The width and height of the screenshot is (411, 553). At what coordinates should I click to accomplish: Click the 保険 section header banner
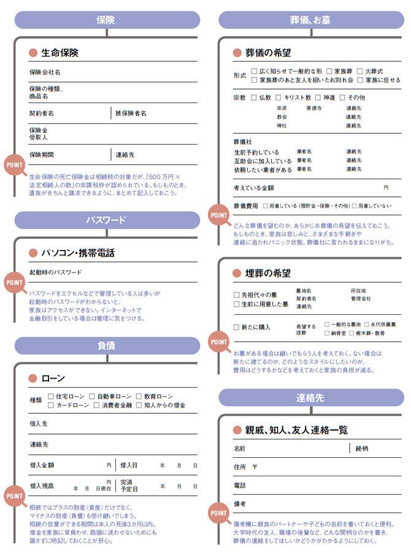[x=107, y=20]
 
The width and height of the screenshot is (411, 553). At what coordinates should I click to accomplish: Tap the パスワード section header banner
[x=107, y=220]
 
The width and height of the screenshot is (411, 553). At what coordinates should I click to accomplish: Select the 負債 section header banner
[x=107, y=346]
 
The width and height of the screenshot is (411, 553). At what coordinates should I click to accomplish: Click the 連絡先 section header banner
[x=311, y=398]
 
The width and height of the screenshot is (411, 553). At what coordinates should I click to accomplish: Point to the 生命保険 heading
[x=60, y=53]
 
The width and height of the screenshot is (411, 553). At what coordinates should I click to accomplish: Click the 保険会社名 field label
[x=45, y=72]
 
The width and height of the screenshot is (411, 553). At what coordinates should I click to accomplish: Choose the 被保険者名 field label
[x=131, y=114]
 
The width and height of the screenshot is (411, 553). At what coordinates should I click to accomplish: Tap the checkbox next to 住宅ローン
[x=51, y=396]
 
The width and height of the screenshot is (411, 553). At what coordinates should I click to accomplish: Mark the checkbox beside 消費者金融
[x=96, y=405]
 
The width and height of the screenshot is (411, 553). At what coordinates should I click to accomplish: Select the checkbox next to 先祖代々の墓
[x=237, y=295]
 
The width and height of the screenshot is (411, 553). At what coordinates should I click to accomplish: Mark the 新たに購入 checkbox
[x=237, y=327]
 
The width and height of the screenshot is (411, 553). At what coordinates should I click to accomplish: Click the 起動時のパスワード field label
[x=55, y=272]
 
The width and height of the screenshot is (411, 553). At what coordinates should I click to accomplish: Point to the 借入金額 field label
[x=42, y=465]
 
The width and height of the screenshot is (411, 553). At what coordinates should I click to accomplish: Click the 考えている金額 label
[x=253, y=187]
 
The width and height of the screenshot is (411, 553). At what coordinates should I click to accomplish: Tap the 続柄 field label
[x=362, y=449]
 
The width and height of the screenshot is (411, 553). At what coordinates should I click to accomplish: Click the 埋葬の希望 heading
[x=267, y=273]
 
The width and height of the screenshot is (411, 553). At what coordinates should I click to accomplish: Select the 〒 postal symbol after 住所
[x=255, y=467]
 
